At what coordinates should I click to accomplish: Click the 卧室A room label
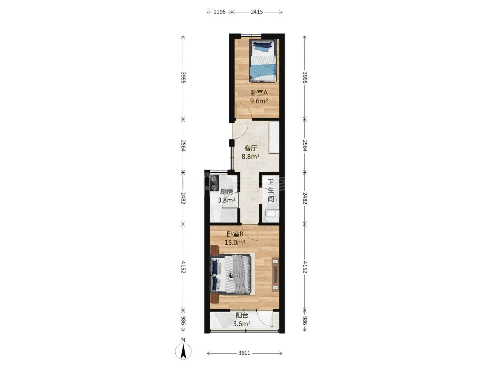[259, 92]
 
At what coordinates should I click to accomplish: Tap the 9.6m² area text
[259, 101]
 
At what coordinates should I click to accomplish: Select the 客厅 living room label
[251, 148]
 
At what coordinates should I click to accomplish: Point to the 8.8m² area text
[251, 157]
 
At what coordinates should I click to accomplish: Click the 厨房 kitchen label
[227, 192]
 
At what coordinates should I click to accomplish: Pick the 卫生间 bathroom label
[271, 190]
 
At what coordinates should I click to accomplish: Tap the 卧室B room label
[235, 234]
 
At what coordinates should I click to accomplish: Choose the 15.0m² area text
[235, 243]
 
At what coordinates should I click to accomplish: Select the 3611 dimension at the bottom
[244, 353]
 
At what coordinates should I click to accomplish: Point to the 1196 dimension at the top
[219, 12]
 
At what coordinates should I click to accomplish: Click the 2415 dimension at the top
[257, 12]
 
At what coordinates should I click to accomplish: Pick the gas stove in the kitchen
[58, 183]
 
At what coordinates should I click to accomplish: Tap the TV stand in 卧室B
[275, 274]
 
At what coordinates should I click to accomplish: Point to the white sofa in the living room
[274, 137]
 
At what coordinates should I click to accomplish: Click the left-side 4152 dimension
[183, 267]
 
